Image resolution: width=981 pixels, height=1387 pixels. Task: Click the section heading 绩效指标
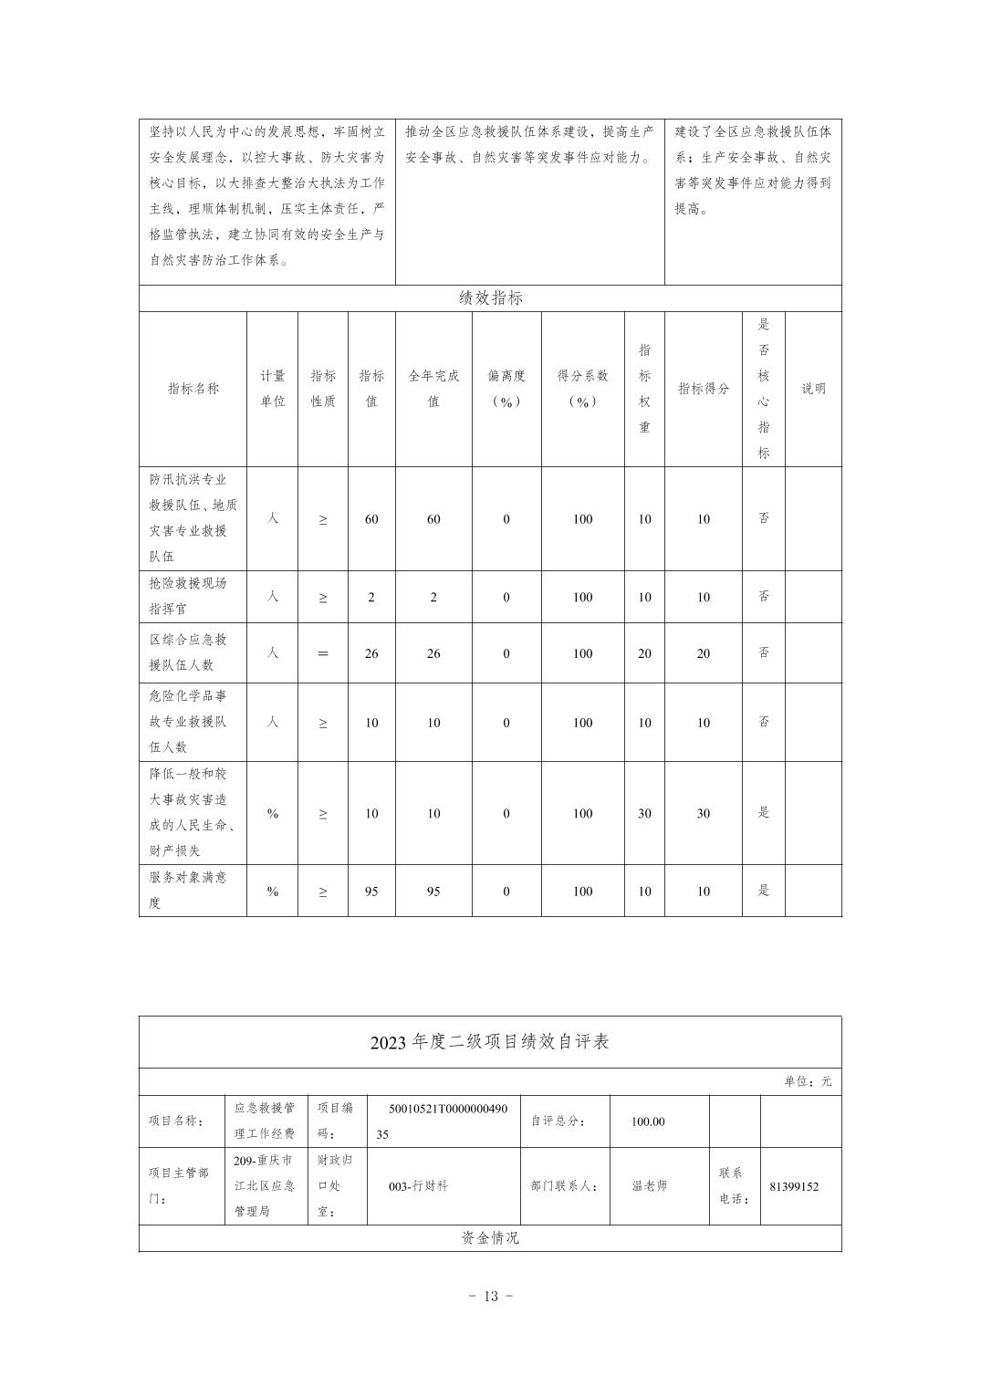[490, 298]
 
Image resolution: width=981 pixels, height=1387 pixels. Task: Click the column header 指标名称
[193, 389]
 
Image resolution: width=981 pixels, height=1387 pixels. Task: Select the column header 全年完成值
[433, 389]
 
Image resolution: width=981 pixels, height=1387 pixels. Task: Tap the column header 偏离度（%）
[506, 389]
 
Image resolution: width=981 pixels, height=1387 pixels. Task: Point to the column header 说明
[813, 389]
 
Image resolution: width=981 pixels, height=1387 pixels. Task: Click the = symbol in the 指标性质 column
[323, 653]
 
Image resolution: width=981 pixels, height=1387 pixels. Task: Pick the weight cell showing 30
[644, 813]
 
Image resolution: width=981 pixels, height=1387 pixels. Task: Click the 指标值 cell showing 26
[371, 653]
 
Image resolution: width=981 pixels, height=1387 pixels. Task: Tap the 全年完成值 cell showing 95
[433, 892]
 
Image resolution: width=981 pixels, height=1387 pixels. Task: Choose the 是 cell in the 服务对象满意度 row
[764, 891]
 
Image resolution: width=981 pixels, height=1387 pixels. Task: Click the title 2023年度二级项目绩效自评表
[490, 1042]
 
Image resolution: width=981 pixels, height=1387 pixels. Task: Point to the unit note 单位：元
[808, 1081]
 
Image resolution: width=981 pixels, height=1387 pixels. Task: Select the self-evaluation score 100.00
[648, 1121]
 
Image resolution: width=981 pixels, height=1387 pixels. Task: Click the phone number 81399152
[794, 1187]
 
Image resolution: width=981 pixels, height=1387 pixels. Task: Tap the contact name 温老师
[650, 1186]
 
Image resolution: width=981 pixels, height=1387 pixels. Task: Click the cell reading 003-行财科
[418, 1186]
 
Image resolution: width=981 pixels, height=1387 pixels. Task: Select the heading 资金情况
[490, 1238]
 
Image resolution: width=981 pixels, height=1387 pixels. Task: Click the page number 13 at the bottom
[491, 1296]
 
